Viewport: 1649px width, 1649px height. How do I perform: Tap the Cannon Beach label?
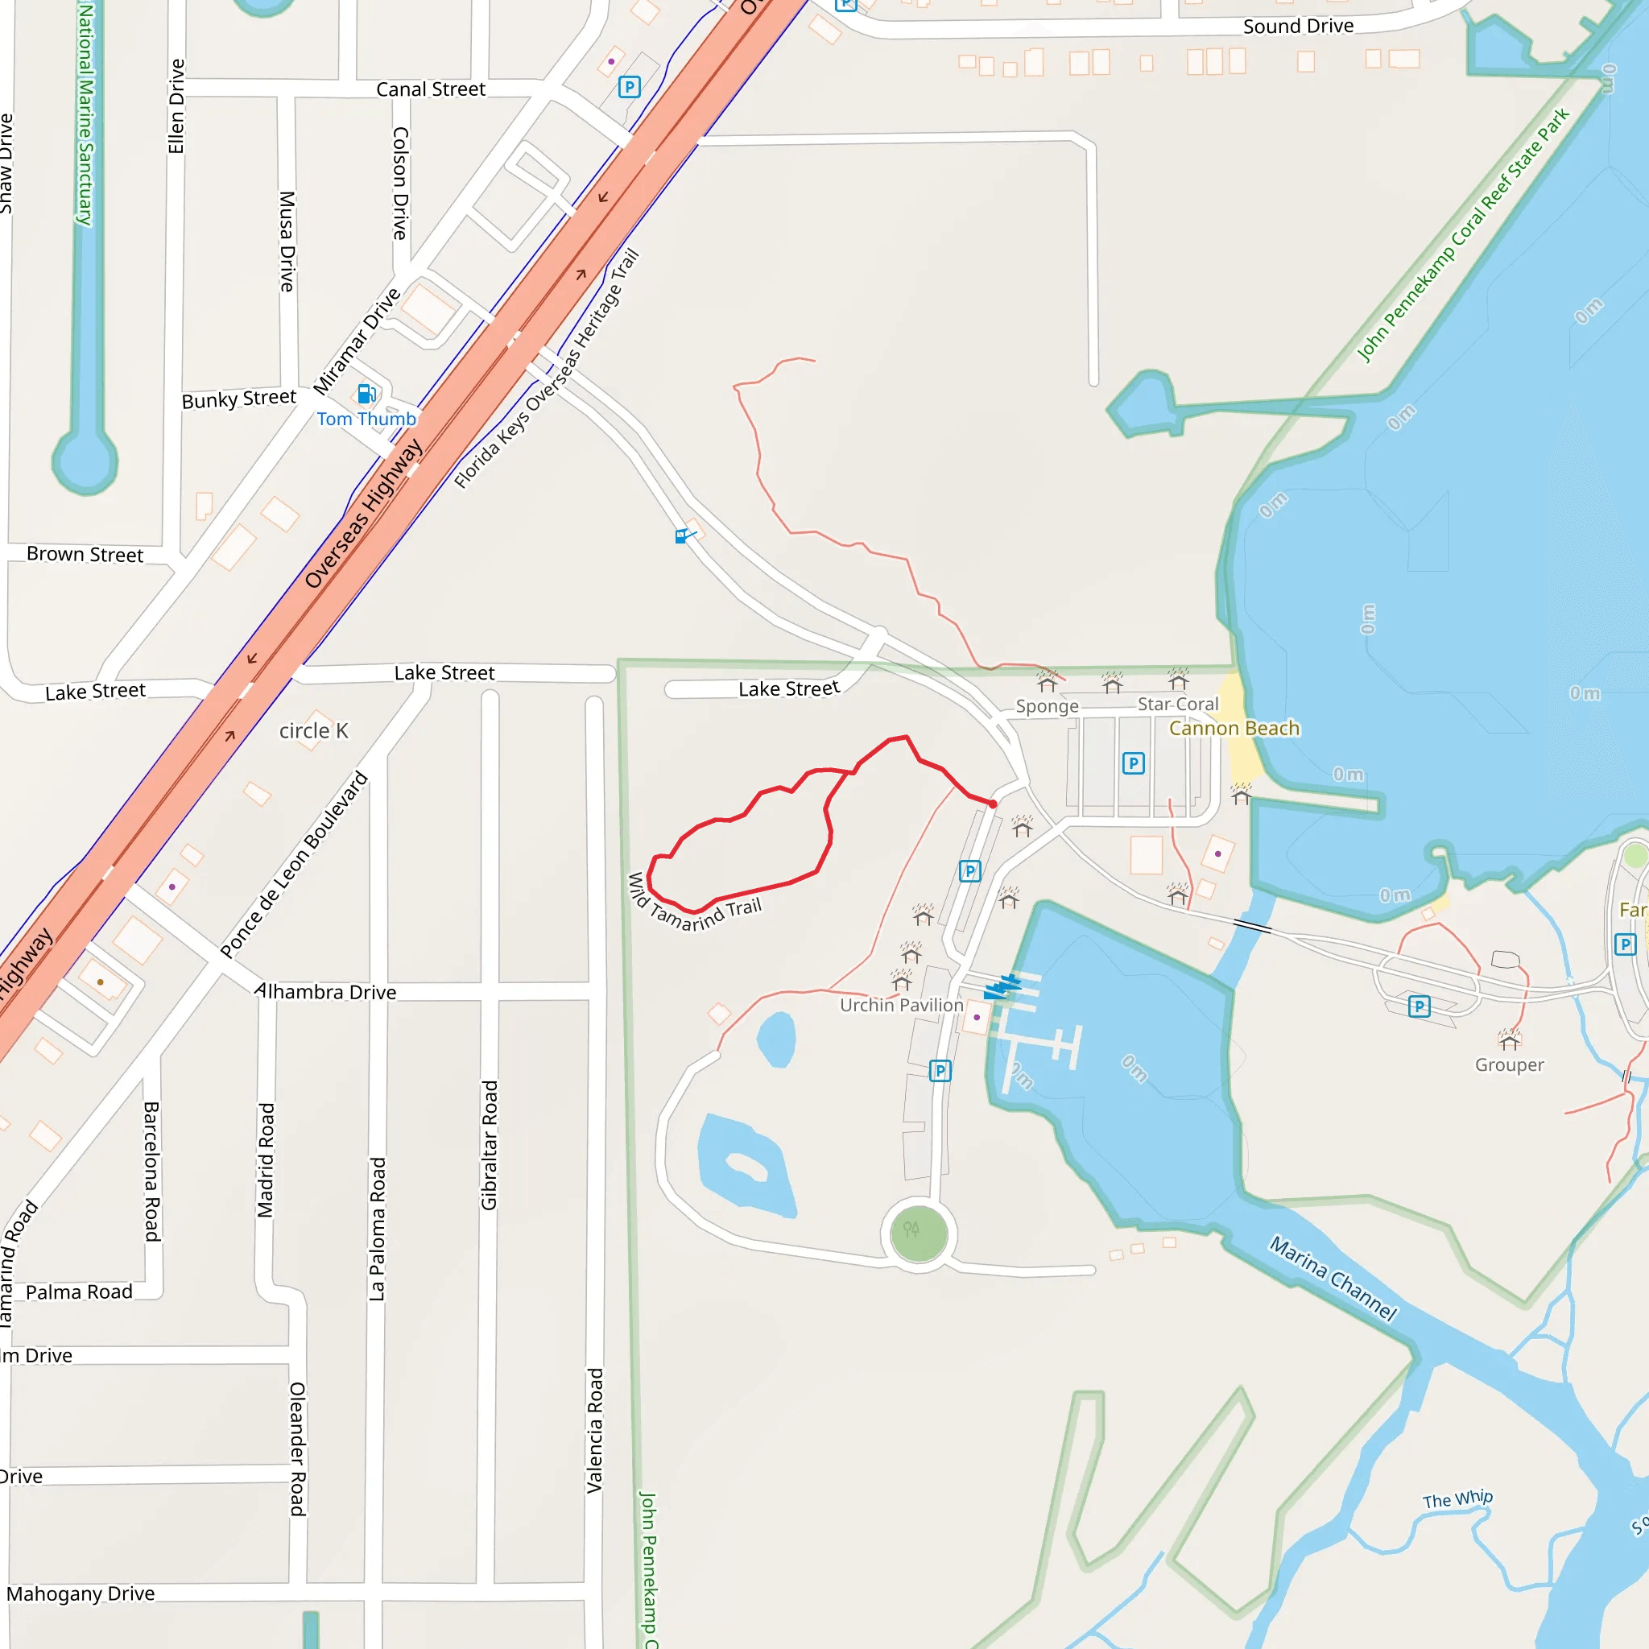1234,728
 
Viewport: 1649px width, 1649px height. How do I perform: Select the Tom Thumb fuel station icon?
366,394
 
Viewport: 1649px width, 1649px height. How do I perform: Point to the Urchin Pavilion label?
901,1005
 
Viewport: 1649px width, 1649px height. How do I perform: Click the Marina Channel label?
1333,1278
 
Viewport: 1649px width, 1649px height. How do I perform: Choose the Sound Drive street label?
1297,27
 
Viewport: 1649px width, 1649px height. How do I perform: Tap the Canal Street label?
430,89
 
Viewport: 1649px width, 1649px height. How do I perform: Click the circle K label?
313,730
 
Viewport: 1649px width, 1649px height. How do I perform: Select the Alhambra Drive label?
326,992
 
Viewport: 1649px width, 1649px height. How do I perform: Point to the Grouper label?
1509,1064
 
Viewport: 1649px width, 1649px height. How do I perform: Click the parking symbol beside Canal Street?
629,87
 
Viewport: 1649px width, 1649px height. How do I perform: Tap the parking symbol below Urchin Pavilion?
940,1070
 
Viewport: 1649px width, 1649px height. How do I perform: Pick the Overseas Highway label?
364,515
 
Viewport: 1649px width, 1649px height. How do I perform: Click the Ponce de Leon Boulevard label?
295,864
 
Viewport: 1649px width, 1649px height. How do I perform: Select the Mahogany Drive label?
81,1593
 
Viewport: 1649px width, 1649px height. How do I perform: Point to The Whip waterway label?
1457,1499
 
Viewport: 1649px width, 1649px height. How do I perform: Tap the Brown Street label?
85,554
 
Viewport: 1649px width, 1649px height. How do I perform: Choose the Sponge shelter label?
1047,706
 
